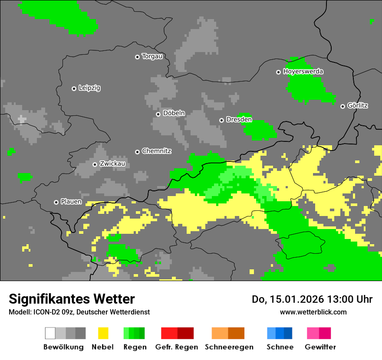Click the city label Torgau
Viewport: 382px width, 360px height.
point(152,56)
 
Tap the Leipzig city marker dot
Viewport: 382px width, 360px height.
point(74,88)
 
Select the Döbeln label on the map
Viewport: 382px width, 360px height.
point(174,113)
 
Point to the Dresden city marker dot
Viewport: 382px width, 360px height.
point(221,120)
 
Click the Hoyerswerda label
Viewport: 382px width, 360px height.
point(303,72)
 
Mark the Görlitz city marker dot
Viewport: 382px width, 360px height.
point(342,106)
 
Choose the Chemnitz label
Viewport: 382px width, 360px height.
point(156,151)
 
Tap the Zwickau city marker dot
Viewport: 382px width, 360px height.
point(95,164)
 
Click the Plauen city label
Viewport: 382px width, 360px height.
point(71,202)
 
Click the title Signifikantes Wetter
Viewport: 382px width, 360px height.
point(72,299)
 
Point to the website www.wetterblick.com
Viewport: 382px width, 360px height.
point(313,312)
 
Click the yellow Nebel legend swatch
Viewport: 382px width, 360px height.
point(103,333)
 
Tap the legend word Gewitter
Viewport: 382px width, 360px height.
point(320,347)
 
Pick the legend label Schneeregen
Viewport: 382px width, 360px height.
point(229,347)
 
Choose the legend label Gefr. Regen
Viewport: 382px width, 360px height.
point(177,347)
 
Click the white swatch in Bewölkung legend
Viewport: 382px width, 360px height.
point(50,333)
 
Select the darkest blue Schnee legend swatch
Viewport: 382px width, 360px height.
point(288,333)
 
